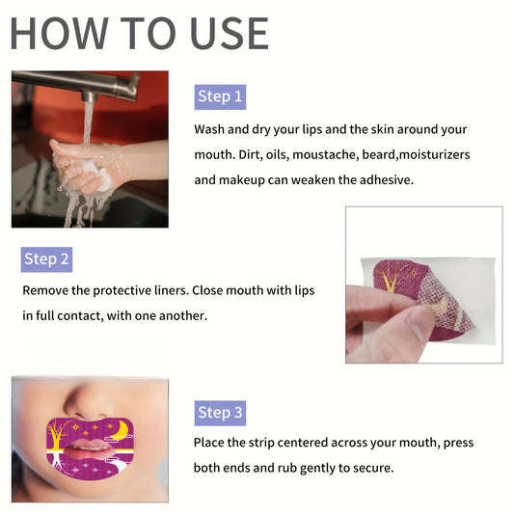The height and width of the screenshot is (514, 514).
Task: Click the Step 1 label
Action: tap(220, 96)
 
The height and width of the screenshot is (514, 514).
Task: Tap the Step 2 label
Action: tap(47, 258)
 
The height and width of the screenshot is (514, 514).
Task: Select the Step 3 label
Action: tap(220, 413)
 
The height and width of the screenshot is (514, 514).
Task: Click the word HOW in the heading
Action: tap(58, 33)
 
